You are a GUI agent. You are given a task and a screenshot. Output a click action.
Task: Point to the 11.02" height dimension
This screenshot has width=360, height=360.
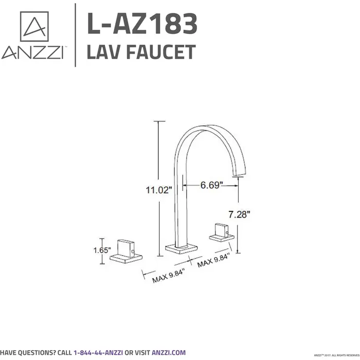pos(157,190)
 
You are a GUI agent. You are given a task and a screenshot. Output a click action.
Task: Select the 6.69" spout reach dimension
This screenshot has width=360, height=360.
pos(211,185)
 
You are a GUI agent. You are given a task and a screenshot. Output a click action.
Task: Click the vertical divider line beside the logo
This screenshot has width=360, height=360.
pos(76,35)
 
